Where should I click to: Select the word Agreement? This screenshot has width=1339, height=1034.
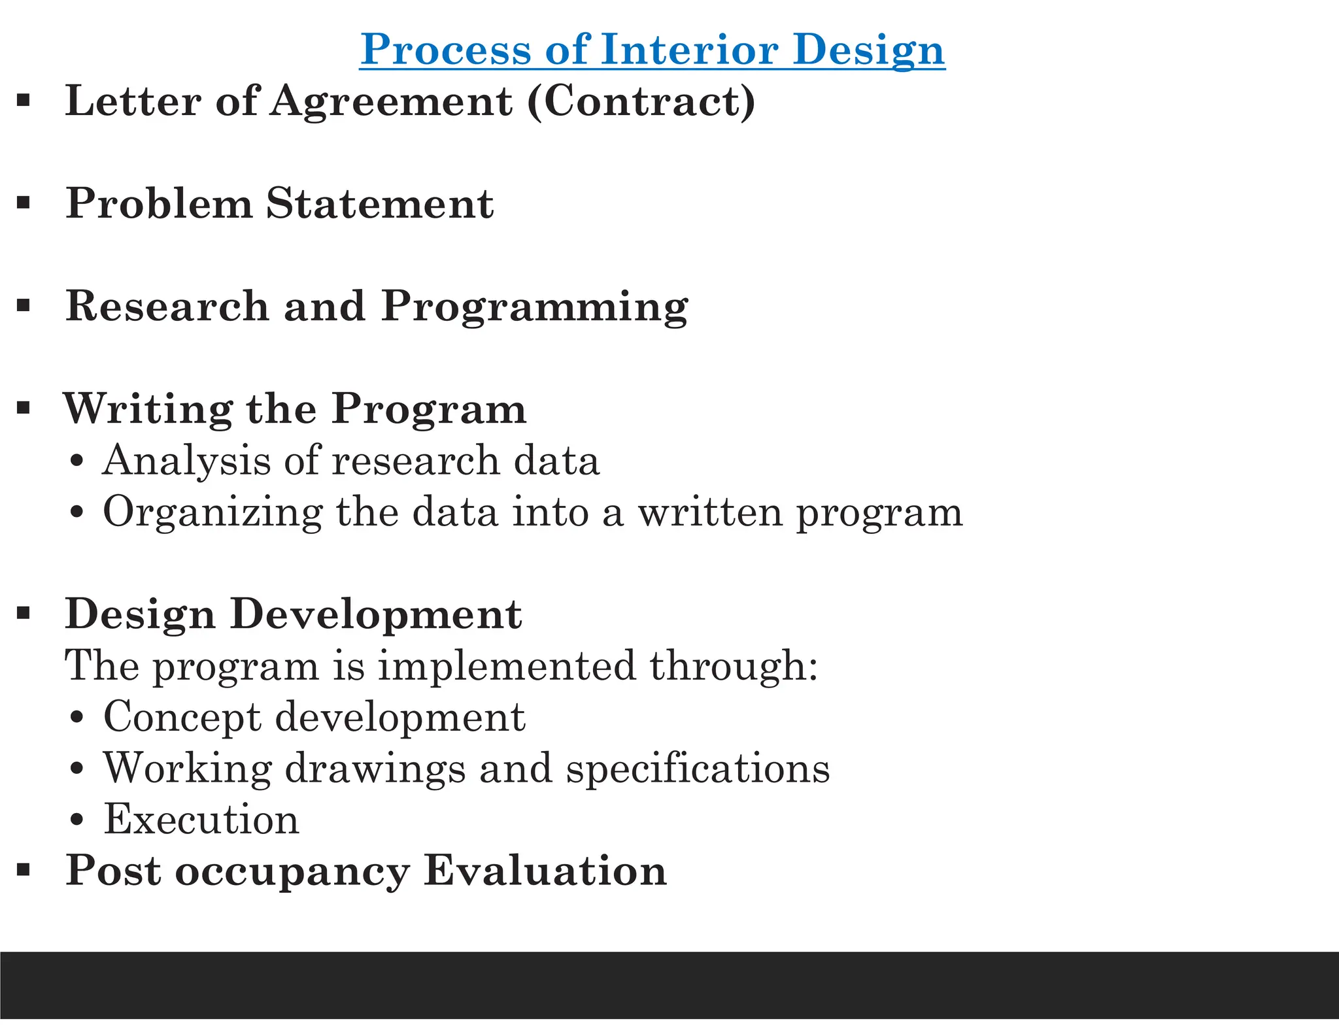click(391, 103)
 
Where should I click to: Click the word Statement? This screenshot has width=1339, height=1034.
click(379, 203)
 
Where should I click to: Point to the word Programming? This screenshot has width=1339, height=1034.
click(534, 307)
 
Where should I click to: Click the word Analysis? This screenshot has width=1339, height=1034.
click(186, 461)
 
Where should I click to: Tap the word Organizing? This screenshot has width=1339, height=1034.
click(212, 512)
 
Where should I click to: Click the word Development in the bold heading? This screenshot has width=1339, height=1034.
click(375, 616)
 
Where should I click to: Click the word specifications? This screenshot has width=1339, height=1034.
click(698, 768)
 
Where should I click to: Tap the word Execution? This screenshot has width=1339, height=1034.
click(201, 819)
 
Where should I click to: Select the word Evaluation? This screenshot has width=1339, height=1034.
click(545, 871)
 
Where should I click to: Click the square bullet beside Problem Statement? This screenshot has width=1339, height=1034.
click(24, 203)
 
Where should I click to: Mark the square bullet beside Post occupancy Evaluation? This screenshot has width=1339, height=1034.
click(24, 870)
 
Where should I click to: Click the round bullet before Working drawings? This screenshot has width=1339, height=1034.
click(77, 769)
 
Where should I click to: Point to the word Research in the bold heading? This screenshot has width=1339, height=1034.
click(167, 306)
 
